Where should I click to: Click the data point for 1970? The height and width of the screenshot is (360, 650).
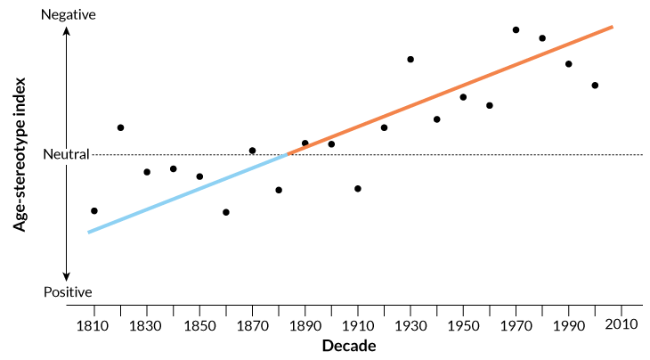point(516,29)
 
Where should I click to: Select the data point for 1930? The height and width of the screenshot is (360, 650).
point(410,59)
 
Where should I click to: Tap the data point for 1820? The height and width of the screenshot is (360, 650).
point(120,127)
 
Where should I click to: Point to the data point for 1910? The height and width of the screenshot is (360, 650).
point(358,189)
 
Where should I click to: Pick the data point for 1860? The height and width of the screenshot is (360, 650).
point(226,212)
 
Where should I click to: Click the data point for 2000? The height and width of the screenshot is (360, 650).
point(595,86)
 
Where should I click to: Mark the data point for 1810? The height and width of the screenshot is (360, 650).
point(94,211)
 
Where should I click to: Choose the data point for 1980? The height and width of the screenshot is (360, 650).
point(542,38)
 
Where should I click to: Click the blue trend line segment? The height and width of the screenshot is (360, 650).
point(187,193)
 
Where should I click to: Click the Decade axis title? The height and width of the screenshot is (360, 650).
point(349,346)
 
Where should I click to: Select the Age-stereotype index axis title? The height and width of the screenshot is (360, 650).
point(19,154)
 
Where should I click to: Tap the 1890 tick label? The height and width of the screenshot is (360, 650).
point(305,324)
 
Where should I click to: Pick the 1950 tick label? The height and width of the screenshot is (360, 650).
point(463,324)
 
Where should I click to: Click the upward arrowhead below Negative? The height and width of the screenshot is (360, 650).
point(67,31)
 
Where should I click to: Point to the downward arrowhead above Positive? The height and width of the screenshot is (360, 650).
point(67,275)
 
